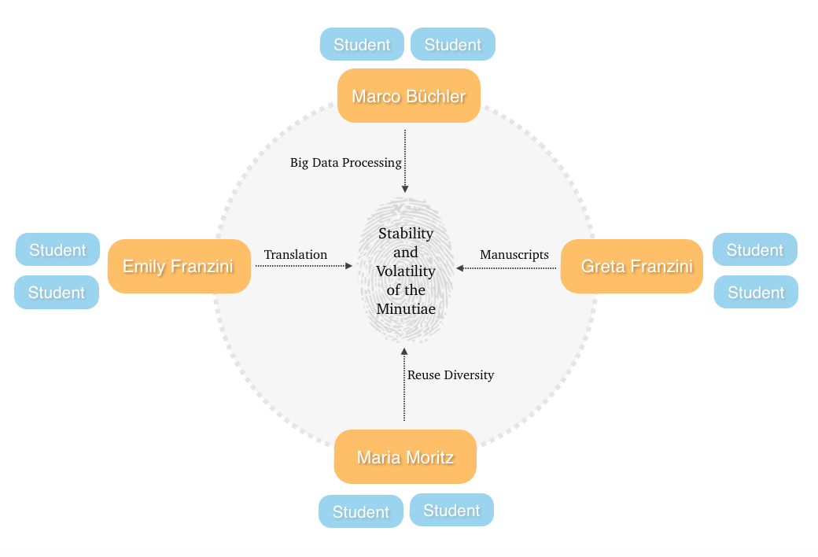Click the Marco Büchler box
click(x=408, y=96)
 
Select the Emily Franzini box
click(x=179, y=266)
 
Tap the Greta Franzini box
click(x=632, y=266)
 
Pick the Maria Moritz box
click(x=405, y=456)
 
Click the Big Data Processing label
click(x=345, y=163)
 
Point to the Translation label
click(x=295, y=254)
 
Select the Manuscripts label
click(x=514, y=254)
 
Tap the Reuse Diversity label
click(x=451, y=375)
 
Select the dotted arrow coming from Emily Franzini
click(x=304, y=267)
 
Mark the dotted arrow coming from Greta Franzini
click(x=507, y=268)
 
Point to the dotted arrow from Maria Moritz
click(x=404, y=385)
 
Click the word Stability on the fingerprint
click(x=406, y=233)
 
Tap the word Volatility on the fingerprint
click(x=406, y=271)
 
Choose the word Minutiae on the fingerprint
click(x=406, y=309)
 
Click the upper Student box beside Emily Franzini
click(x=57, y=249)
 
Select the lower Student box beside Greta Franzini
click(x=756, y=292)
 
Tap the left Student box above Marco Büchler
click(x=362, y=44)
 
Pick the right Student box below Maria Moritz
click(x=451, y=510)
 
